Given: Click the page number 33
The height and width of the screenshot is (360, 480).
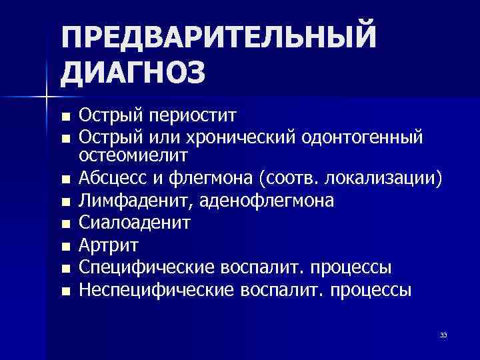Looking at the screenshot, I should click(x=443, y=335).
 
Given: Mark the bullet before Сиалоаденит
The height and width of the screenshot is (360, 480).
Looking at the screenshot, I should click(x=65, y=223).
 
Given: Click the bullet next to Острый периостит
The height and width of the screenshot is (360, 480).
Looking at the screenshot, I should click(x=65, y=117).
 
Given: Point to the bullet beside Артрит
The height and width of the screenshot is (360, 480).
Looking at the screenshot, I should click(x=65, y=246).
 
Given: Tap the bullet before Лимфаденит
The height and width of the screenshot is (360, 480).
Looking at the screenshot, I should click(x=65, y=201).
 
